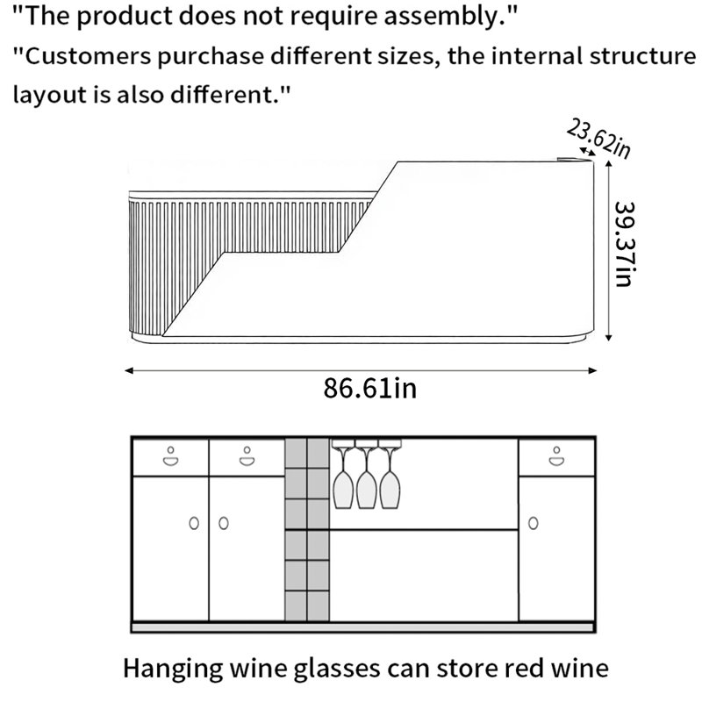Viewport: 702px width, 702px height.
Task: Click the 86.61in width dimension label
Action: (369, 388)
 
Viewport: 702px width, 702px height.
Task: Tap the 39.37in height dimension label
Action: (625, 244)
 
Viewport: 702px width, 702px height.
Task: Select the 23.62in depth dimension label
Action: (598, 139)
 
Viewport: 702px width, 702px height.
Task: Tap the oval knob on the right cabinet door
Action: (534, 523)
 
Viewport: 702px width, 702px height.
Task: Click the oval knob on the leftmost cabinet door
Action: (194, 523)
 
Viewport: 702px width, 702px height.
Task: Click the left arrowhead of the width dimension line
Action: (129, 370)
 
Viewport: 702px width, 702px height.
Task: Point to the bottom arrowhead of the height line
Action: (608, 337)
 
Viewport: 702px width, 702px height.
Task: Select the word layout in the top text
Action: (49, 96)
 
